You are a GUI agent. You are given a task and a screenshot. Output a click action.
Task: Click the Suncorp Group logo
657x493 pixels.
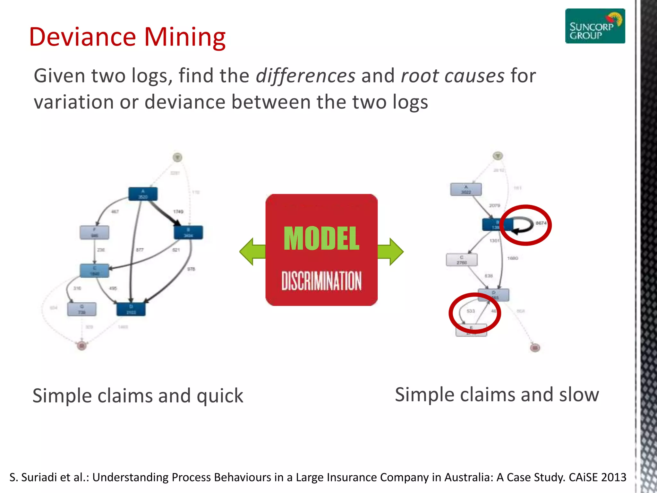pos(595,26)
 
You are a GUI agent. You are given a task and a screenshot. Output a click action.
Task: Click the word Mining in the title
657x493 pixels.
pos(185,37)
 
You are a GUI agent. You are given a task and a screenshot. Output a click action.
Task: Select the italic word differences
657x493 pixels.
pos(305,76)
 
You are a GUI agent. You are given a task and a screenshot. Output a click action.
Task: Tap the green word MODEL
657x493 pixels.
pos(321,238)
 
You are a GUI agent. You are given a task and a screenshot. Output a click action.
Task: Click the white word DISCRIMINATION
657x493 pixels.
pos(321,281)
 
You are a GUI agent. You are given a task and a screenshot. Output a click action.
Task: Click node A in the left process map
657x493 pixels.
pos(143,194)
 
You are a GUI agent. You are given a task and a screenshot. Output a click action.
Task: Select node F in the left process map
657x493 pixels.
pos(94,232)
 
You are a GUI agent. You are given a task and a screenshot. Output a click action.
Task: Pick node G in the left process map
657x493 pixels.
pos(82,309)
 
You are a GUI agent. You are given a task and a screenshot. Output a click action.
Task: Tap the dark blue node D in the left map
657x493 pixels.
pos(131,309)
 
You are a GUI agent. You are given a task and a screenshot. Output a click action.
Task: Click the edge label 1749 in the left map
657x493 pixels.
pos(178,212)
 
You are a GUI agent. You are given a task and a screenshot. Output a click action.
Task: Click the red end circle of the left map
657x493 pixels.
pos(82,346)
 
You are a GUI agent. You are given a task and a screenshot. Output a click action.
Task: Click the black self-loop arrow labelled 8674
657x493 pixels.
pos(523,225)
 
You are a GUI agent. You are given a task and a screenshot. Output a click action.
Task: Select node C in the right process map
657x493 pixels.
pos(462,260)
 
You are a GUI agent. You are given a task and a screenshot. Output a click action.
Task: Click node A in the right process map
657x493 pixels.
pos(466,189)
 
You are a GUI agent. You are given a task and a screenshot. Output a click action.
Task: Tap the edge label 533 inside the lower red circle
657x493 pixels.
pos(471,311)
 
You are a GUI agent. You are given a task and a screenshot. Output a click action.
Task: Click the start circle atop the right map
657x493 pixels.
pos(498,156)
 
